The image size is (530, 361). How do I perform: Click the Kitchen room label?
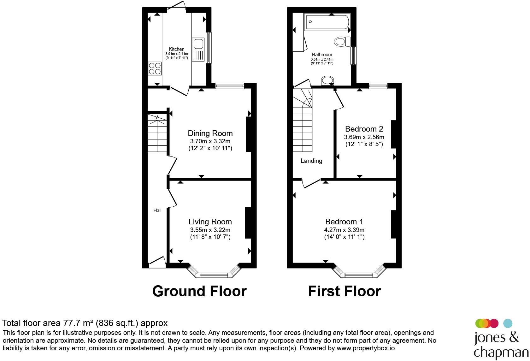(177, 49)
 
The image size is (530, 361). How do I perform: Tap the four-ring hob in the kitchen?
(155, 68)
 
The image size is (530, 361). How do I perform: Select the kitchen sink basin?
(198, 44)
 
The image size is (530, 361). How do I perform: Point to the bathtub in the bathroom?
(327, 22)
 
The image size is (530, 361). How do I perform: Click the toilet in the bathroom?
(342, 42)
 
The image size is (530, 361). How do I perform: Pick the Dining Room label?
(210, 133)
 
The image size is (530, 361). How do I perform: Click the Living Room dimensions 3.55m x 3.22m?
(210, 230)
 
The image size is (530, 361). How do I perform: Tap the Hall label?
(157, 210)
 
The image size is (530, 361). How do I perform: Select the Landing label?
(311, 161)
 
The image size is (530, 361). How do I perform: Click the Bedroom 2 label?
(364, 129)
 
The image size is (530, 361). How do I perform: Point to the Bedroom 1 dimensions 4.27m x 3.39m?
(344, 230)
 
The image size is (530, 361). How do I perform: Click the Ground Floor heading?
(199, 291)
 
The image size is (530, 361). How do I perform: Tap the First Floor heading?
(344, 291)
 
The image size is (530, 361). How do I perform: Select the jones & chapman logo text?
(501, 345)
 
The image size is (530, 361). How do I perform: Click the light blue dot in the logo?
(508, 323)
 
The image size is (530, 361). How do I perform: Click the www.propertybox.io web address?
(366, 348)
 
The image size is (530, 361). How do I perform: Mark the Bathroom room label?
(322, 55)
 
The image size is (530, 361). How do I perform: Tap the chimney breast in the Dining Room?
(249, 134)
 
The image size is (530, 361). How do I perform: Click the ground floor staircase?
(157, 133)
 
